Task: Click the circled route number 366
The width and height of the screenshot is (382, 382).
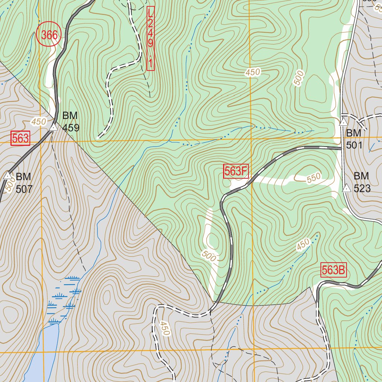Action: pos(49,35)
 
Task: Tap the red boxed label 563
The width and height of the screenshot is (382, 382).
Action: pos(20,138)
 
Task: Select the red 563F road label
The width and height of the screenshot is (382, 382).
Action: pos(236,171)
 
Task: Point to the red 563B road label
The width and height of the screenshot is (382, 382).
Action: pos(334,270)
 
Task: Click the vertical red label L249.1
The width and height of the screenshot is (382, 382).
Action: pos(150,38)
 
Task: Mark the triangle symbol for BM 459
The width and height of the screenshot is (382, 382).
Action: pos(54,128)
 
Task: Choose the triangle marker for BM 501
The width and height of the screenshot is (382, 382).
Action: pos(343,122)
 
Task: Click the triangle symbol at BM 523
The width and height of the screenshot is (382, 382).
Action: pos(346,188)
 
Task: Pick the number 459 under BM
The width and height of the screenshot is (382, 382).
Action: pos(71,128)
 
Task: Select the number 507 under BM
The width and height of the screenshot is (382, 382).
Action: pos(24,189)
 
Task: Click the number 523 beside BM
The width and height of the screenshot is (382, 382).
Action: pos(362,188)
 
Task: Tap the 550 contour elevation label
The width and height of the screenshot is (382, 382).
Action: pos(314,179)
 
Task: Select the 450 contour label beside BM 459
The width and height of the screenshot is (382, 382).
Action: pos(38,122)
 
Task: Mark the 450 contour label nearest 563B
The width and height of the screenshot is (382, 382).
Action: pos(303,245)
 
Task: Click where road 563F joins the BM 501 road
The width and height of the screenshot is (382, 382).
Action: pos(342,148)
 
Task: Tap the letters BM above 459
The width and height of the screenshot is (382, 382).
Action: pos(70,115)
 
